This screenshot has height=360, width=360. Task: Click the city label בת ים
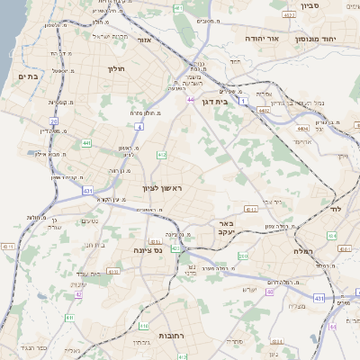[28, 77]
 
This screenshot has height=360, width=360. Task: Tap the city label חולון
[116, 68]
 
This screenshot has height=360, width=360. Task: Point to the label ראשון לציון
[162, 188]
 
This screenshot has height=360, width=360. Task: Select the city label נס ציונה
[146, 251]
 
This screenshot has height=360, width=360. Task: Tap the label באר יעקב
[224, 227]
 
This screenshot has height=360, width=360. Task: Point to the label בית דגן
[236, 102]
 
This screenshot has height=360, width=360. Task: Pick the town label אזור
[144, 40]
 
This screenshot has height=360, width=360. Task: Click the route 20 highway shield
[54, 121]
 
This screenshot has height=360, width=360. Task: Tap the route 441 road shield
[85, 142]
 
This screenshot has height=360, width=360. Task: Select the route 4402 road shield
[263, 111]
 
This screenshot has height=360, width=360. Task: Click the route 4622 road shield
[289, 15]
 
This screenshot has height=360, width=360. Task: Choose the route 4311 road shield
[7, 246]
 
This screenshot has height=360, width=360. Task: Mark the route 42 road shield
[78, 294]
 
